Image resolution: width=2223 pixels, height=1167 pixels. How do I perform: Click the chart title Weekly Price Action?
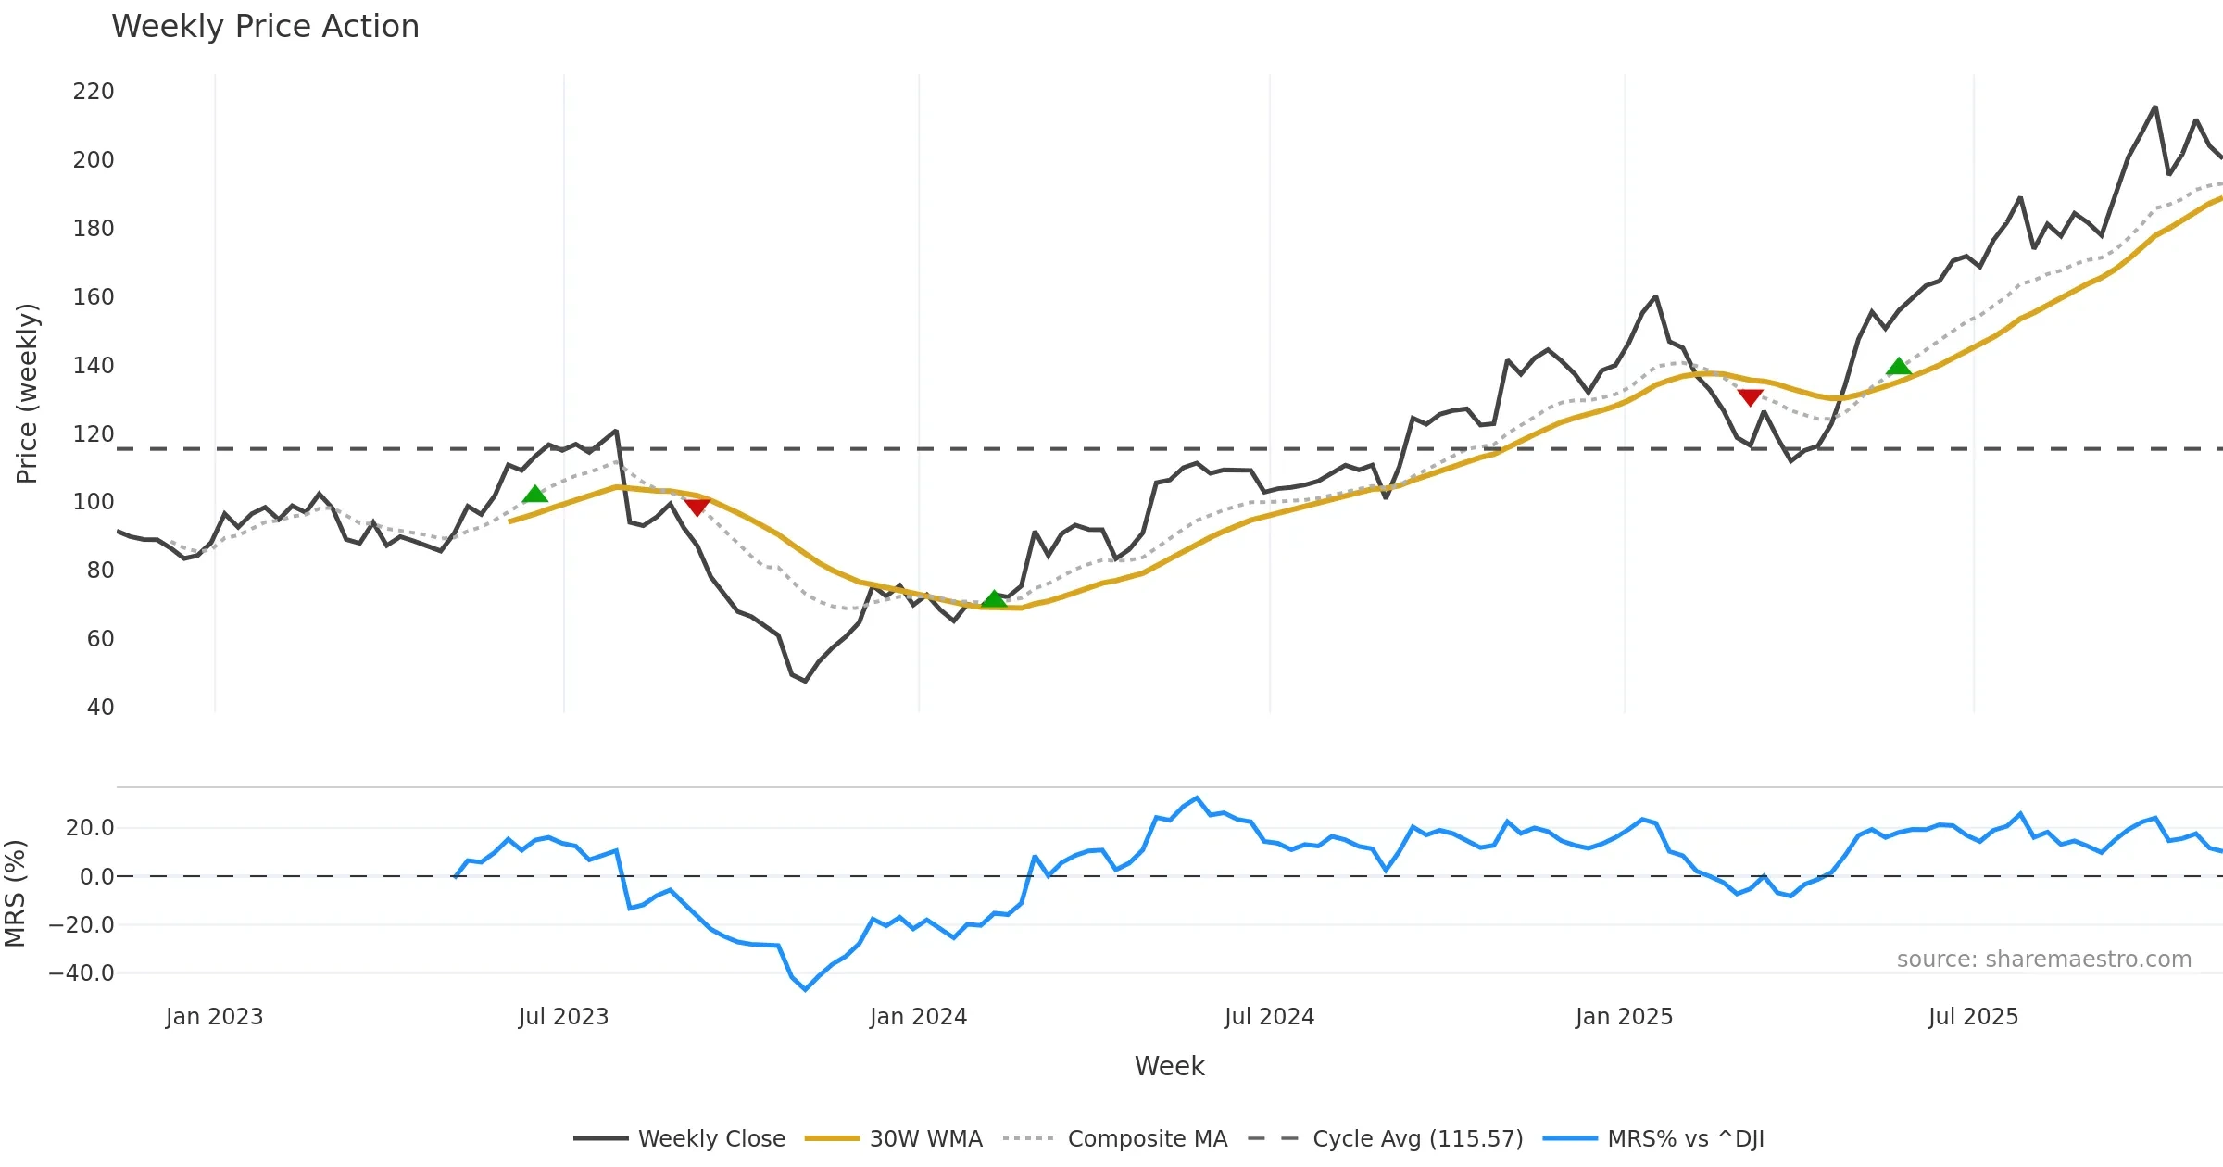point(265,27)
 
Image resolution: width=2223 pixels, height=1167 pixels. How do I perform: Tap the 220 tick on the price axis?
point(94,92)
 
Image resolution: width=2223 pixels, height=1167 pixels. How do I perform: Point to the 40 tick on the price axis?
point(100,708)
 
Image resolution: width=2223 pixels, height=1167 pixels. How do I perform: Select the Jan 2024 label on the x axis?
point(918,1017)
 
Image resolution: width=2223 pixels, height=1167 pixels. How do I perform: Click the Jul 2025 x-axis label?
point(1973,1017)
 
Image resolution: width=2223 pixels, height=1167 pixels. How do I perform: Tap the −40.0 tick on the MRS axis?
point(82,973)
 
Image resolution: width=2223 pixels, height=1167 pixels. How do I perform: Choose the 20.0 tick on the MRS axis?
point(90,828)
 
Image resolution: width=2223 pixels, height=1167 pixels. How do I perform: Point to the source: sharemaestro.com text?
point(2043,960)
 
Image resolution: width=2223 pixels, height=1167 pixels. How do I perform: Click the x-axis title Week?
point(1169,1067)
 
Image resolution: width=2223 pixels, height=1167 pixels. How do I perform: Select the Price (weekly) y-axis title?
point(28,394)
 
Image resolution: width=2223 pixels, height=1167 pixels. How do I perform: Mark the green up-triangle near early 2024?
point(994,599)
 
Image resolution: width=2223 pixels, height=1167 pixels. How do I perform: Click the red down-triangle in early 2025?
point(1750,397)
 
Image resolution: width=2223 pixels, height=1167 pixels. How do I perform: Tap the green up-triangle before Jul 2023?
point(534,495)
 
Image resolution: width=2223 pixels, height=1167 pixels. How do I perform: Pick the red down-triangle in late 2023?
point(697,508)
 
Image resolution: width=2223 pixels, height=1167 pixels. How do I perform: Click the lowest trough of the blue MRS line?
point(805,989)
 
